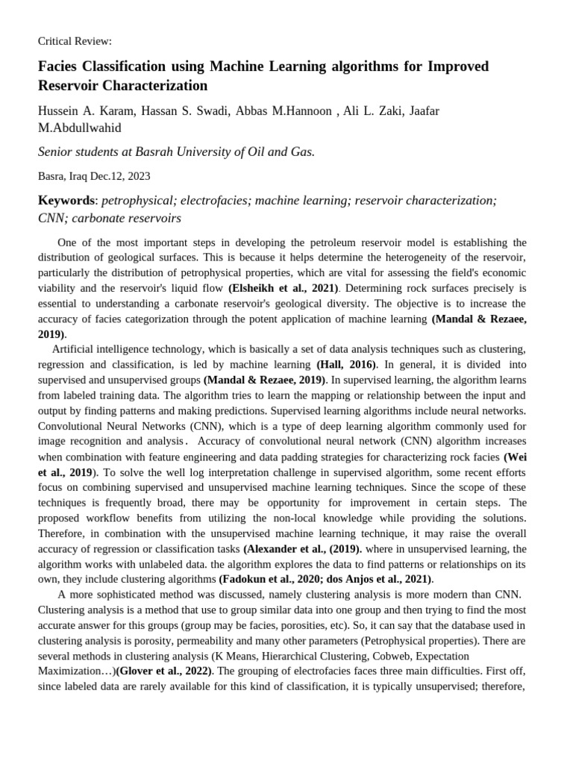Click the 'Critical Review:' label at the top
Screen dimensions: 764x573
[x=75, y=41]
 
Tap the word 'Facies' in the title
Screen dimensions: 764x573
[x=60, y=66]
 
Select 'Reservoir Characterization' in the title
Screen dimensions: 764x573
[x=122, y=86]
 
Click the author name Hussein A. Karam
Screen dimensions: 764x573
[x=84, y=111]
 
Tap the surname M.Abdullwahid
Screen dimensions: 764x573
[x=79, y=128]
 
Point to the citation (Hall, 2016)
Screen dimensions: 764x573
[x=347, y=364]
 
